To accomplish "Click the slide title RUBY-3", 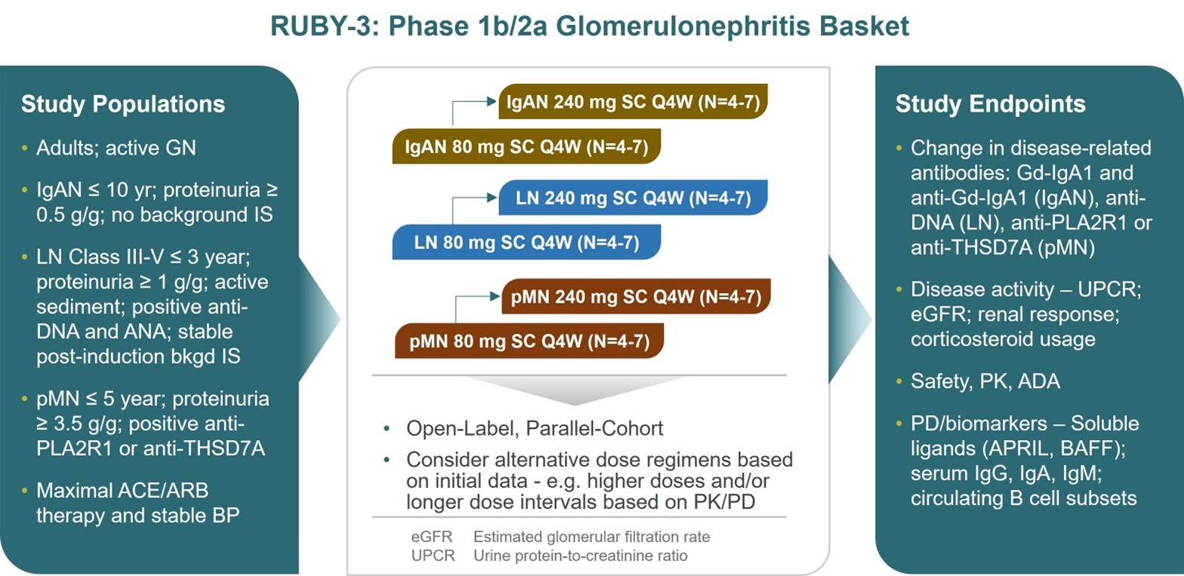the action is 589,26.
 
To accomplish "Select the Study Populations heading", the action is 123,104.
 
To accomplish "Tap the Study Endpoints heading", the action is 990,104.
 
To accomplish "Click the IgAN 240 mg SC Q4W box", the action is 634,101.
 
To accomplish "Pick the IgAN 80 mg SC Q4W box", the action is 526,146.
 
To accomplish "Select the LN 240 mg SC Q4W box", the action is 634,198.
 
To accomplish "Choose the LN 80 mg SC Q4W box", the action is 526,242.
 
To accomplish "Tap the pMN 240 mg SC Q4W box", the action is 636,297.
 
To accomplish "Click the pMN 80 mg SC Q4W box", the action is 529,341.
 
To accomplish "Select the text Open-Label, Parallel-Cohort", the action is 535,428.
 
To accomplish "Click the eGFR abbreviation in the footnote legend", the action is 432,537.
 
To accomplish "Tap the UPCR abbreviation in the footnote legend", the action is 433,556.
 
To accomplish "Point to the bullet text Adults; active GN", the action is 116,148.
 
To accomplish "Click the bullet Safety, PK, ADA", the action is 985,381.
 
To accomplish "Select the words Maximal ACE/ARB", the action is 122,491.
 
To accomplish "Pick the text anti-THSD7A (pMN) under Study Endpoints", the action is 1003,248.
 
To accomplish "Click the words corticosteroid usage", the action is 1003,339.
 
